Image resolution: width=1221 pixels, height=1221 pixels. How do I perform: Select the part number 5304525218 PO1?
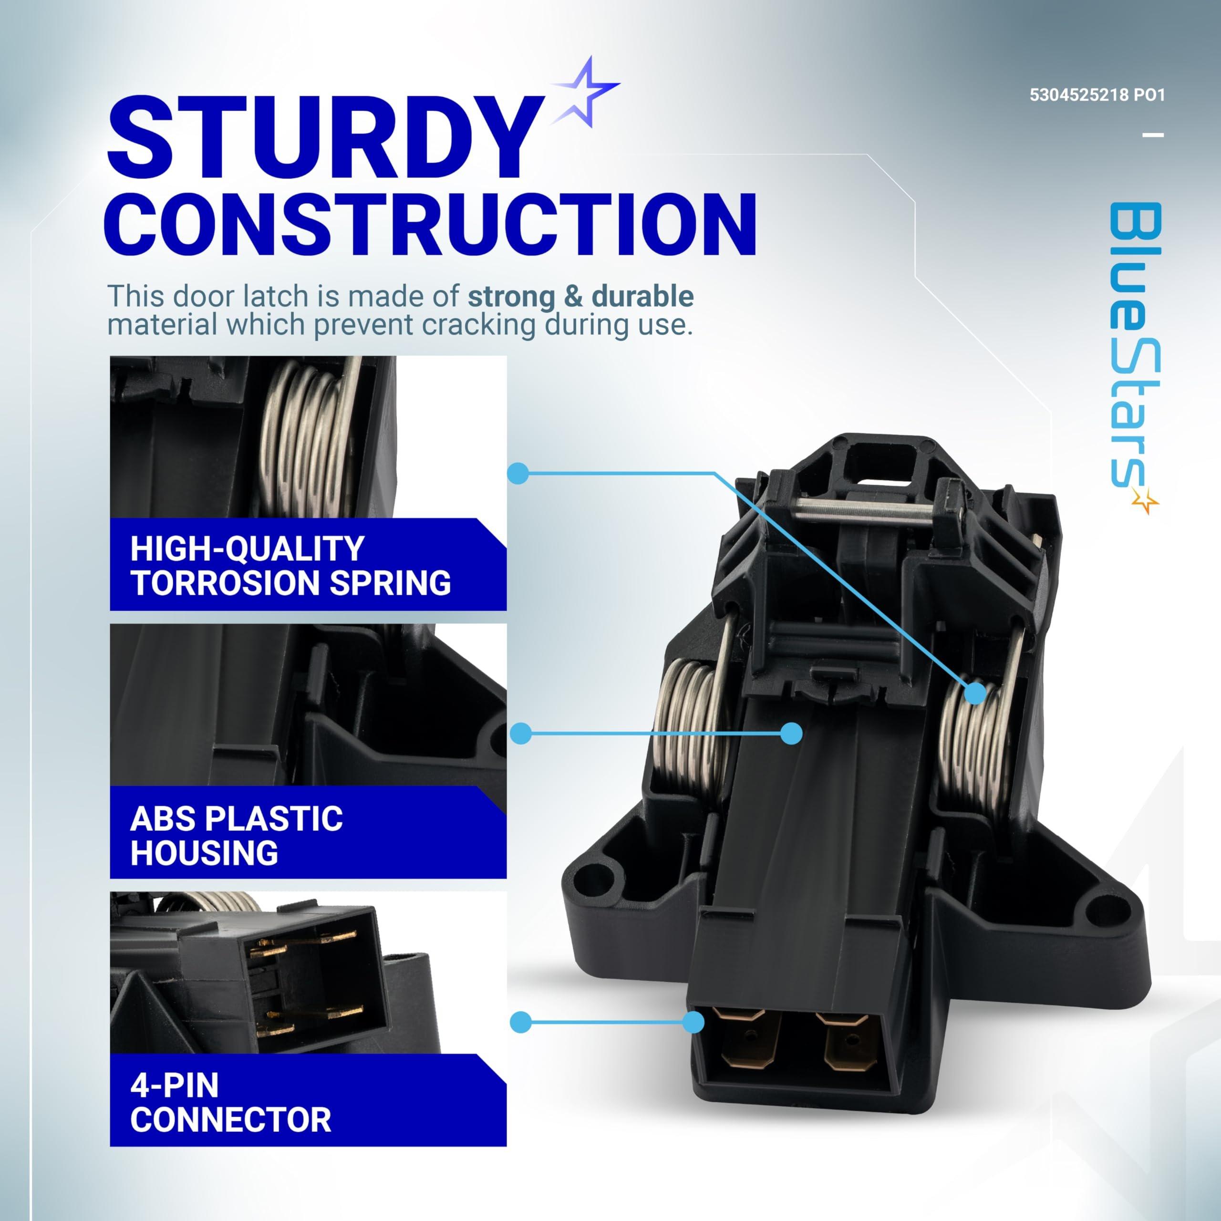click(x=1097, y=95)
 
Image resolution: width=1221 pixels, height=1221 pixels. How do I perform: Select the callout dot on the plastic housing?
click(x=791, y=733)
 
